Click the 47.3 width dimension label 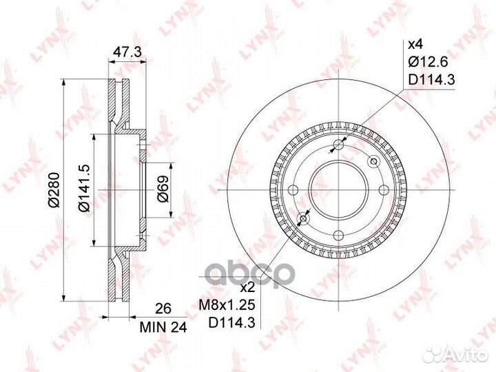pos(127,52)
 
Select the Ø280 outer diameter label pos(54,190)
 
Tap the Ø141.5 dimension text pos(85,188)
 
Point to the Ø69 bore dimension pos(163,189)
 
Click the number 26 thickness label pos(163,309)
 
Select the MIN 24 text pos(163,327)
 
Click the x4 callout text pos(415,45)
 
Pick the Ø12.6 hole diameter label pos(428,62)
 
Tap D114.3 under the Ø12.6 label pos(431,80)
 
